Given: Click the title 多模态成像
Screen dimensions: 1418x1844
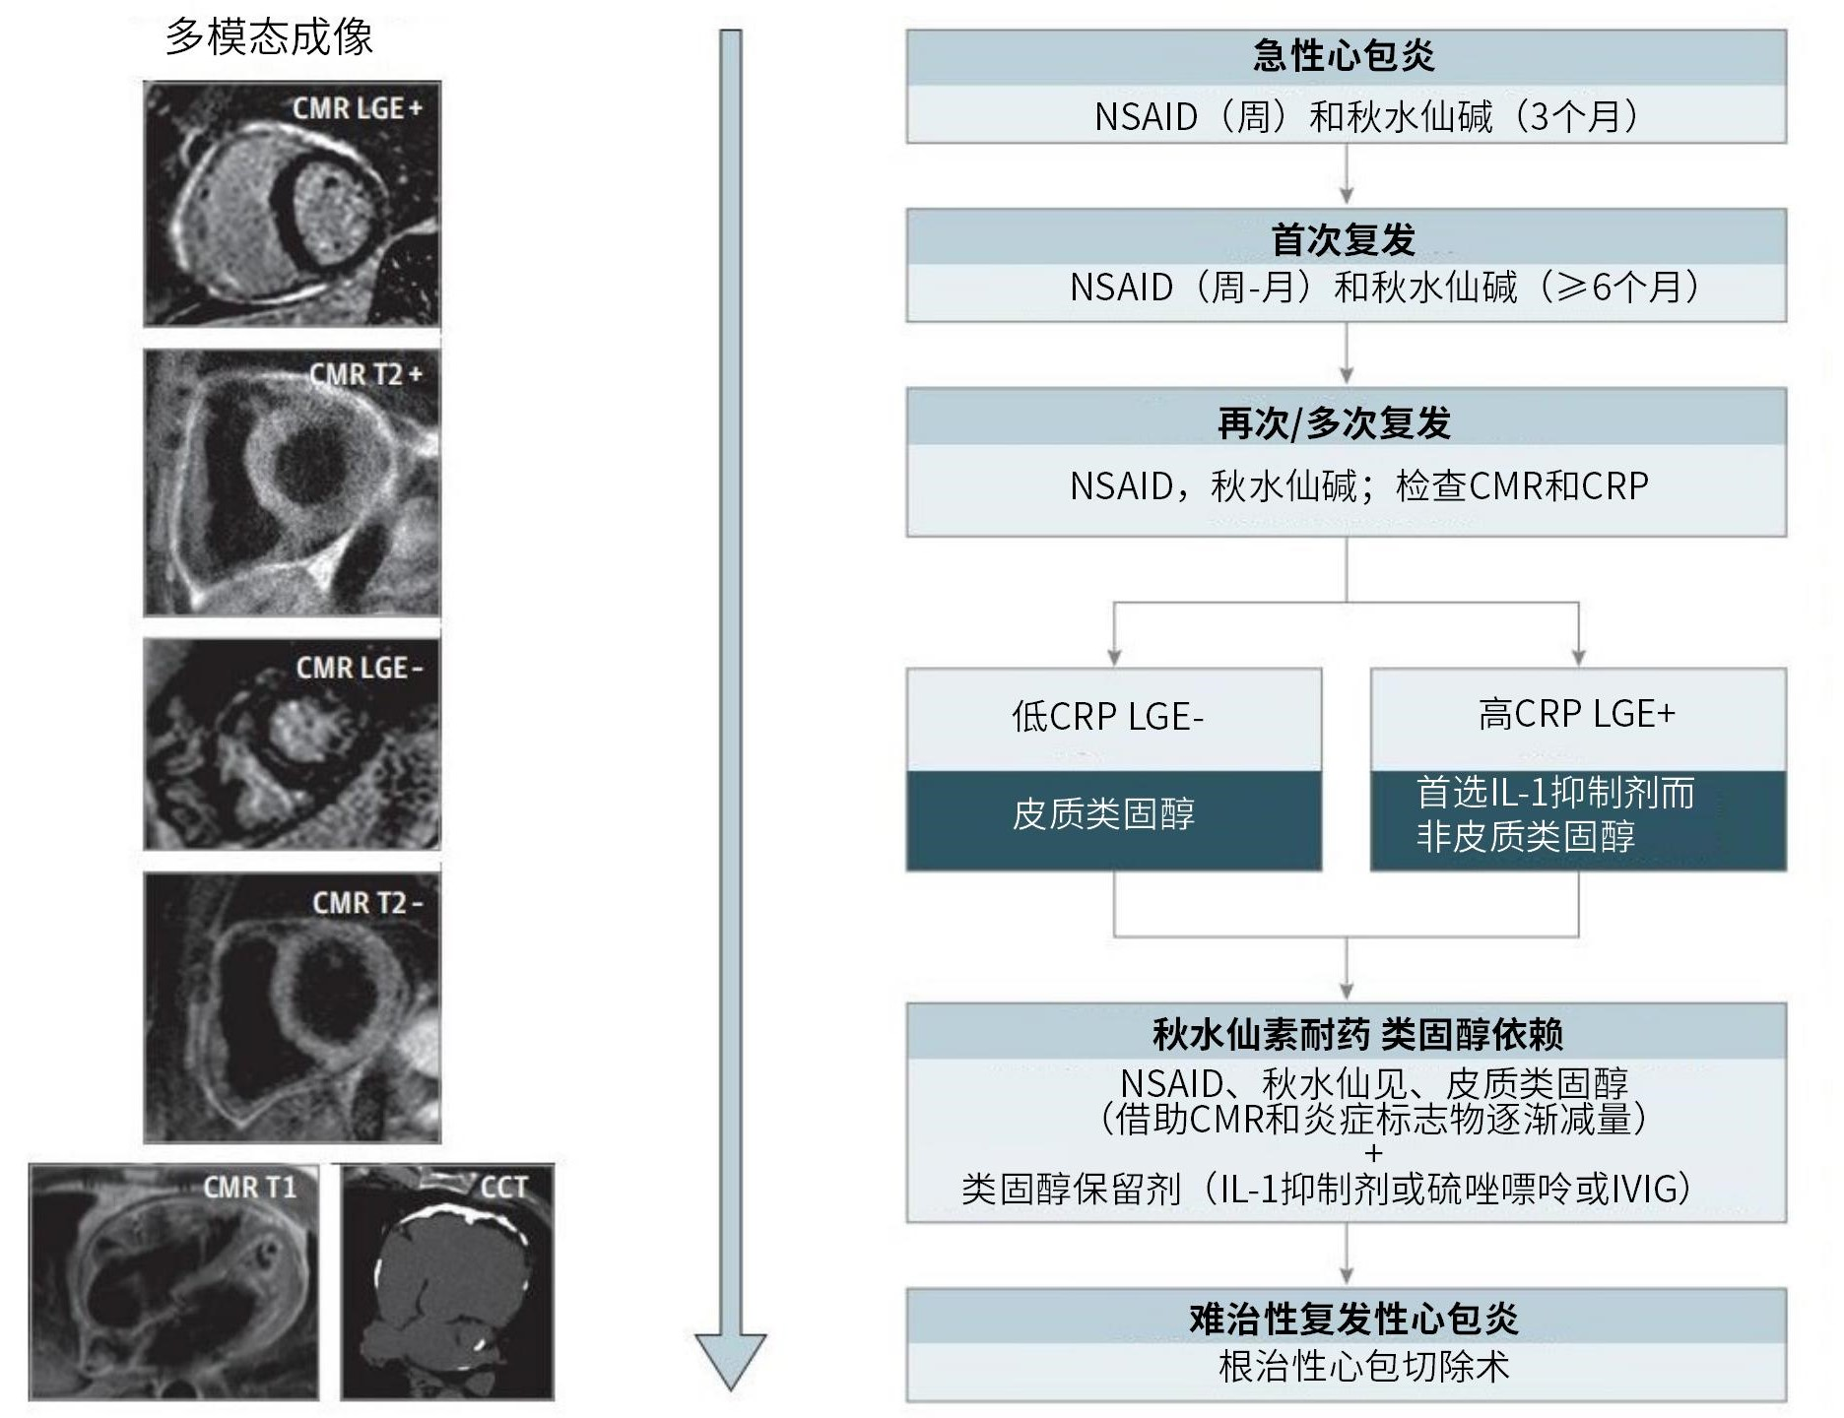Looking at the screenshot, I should pyautogui.click(x=269, y=37).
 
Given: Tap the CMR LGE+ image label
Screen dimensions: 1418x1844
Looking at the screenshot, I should pyautogui.click(x=357, y=108).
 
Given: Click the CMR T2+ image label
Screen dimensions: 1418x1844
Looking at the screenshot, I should pyautogui.click(x=365, y=375).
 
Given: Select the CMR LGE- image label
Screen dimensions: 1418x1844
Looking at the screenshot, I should pyautogui.click(x=359, y=668).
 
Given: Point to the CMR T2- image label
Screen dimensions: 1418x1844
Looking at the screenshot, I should pyautogui.click(x=366, y=903).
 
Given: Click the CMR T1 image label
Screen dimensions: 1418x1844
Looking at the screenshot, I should pyautogui.click(x=249, y=1188).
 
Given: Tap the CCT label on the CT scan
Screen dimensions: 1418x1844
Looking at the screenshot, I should pyautogui.click(x=504, y=1188).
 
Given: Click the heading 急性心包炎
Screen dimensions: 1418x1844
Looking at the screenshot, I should pyautogui.click(x=1345, y=56).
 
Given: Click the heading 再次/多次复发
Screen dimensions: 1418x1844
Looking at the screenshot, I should pyautogui.click(x=1335, y=423).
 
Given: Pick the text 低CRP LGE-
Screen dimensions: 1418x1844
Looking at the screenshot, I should pyautogui.click(x=1108, y=717).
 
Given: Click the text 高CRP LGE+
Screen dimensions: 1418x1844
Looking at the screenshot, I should pyautogui.click(x=1577, y=714).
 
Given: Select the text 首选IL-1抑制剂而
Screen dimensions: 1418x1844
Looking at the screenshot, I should pyautogui.click(x=1555, y=793).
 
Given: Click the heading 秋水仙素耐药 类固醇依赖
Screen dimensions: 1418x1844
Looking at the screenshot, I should pyautogui.click(x=1358, y=1034).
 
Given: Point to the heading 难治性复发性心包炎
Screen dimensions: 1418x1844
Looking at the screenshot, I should pyautogui.click(x=1353, y=1318).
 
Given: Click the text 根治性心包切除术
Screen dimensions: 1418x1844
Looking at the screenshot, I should pyautogui.click(x=1364, y=1367).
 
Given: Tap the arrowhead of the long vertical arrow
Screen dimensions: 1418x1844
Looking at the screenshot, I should pyautogui.click(x=730, y=1360).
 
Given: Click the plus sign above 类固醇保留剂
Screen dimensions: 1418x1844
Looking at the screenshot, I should pyautogui.click(x=1374, y=1153).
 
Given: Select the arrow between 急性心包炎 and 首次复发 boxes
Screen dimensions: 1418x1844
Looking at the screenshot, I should pyautogui.click(x=1347, y=176).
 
